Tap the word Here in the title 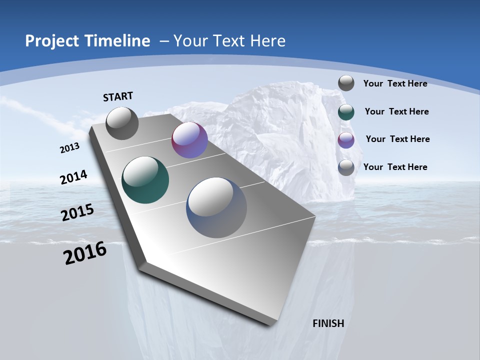click(268, 41)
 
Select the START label click(118, 96)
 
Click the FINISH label click(328, 323)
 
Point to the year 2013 click(69, 148)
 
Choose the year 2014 click(73, 177)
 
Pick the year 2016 click(85, 253)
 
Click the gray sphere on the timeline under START click(122, 123)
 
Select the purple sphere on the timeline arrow click(189, 140)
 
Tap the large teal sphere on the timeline click(145, 180)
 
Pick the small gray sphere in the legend click(346, 83)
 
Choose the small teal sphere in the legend click(346, 112)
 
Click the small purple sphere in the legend click(346, 140)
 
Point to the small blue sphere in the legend click(346, 167)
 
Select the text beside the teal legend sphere click(396, 111)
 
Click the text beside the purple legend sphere click(397, 139)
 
